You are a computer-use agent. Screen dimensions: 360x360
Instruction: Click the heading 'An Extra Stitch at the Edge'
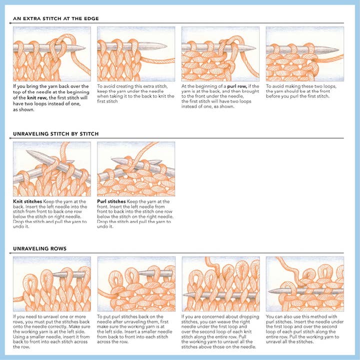tap(56, 18)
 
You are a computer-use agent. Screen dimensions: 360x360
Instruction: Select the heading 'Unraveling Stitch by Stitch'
tap(56, 134)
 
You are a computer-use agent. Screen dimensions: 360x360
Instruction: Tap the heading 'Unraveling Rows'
tap(39, 248)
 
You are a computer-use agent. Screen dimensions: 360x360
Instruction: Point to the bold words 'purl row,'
tap(237, 86)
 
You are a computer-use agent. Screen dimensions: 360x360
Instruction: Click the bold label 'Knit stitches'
tap(27, 201)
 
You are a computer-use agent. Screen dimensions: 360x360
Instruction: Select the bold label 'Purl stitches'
tap(111, 201)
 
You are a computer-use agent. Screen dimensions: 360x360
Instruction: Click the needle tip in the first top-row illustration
tap(85, 48)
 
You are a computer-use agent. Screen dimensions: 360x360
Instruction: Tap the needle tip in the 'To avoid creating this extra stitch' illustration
tap(166, 45)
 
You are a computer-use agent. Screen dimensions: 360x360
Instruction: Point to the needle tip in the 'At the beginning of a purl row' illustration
tap(255, 48)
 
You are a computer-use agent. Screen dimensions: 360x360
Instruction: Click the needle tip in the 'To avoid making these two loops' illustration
tap(338, 49)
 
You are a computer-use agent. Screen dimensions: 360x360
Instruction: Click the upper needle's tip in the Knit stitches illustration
tap(27, 151)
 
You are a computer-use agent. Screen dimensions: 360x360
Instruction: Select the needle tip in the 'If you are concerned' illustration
tap(183, 295)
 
